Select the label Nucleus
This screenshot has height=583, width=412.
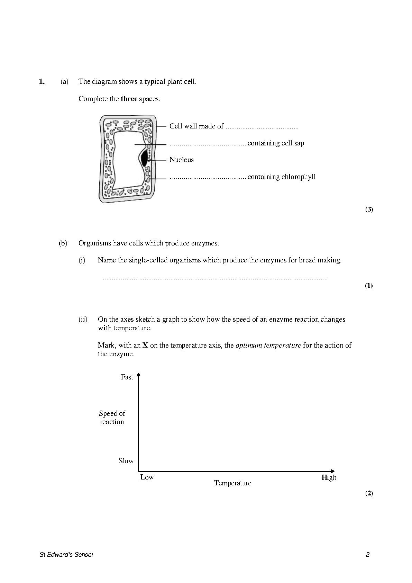(181, 160)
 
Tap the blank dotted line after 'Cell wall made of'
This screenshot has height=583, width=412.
(262, 127)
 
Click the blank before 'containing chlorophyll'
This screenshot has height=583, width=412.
(208, 178)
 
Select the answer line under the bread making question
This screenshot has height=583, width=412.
(215, 278)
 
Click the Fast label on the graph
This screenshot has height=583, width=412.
(127, 377)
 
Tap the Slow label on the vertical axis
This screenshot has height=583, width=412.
(126, 461)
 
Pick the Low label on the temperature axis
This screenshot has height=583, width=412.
(147, 477)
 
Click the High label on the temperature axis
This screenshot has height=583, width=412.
(329, 478)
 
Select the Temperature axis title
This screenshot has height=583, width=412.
(232, 483)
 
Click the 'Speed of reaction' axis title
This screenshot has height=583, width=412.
(112, 418)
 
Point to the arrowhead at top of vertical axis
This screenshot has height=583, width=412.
(138, 375)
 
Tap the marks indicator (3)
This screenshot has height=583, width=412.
(369, 209)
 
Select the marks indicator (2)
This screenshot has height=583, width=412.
(369, 493)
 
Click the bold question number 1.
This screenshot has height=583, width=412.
(42, 82)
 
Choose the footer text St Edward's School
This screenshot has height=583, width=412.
(66, 555)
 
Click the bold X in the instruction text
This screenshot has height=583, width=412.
(145, 346)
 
